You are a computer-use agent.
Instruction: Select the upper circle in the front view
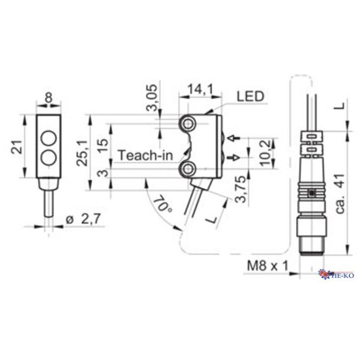(49, 137)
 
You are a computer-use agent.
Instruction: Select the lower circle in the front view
(49, 157)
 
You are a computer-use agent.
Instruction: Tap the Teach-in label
(146, 156)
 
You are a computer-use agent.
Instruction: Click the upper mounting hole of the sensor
(188, 124)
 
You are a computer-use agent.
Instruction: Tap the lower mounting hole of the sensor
(188, 170)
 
